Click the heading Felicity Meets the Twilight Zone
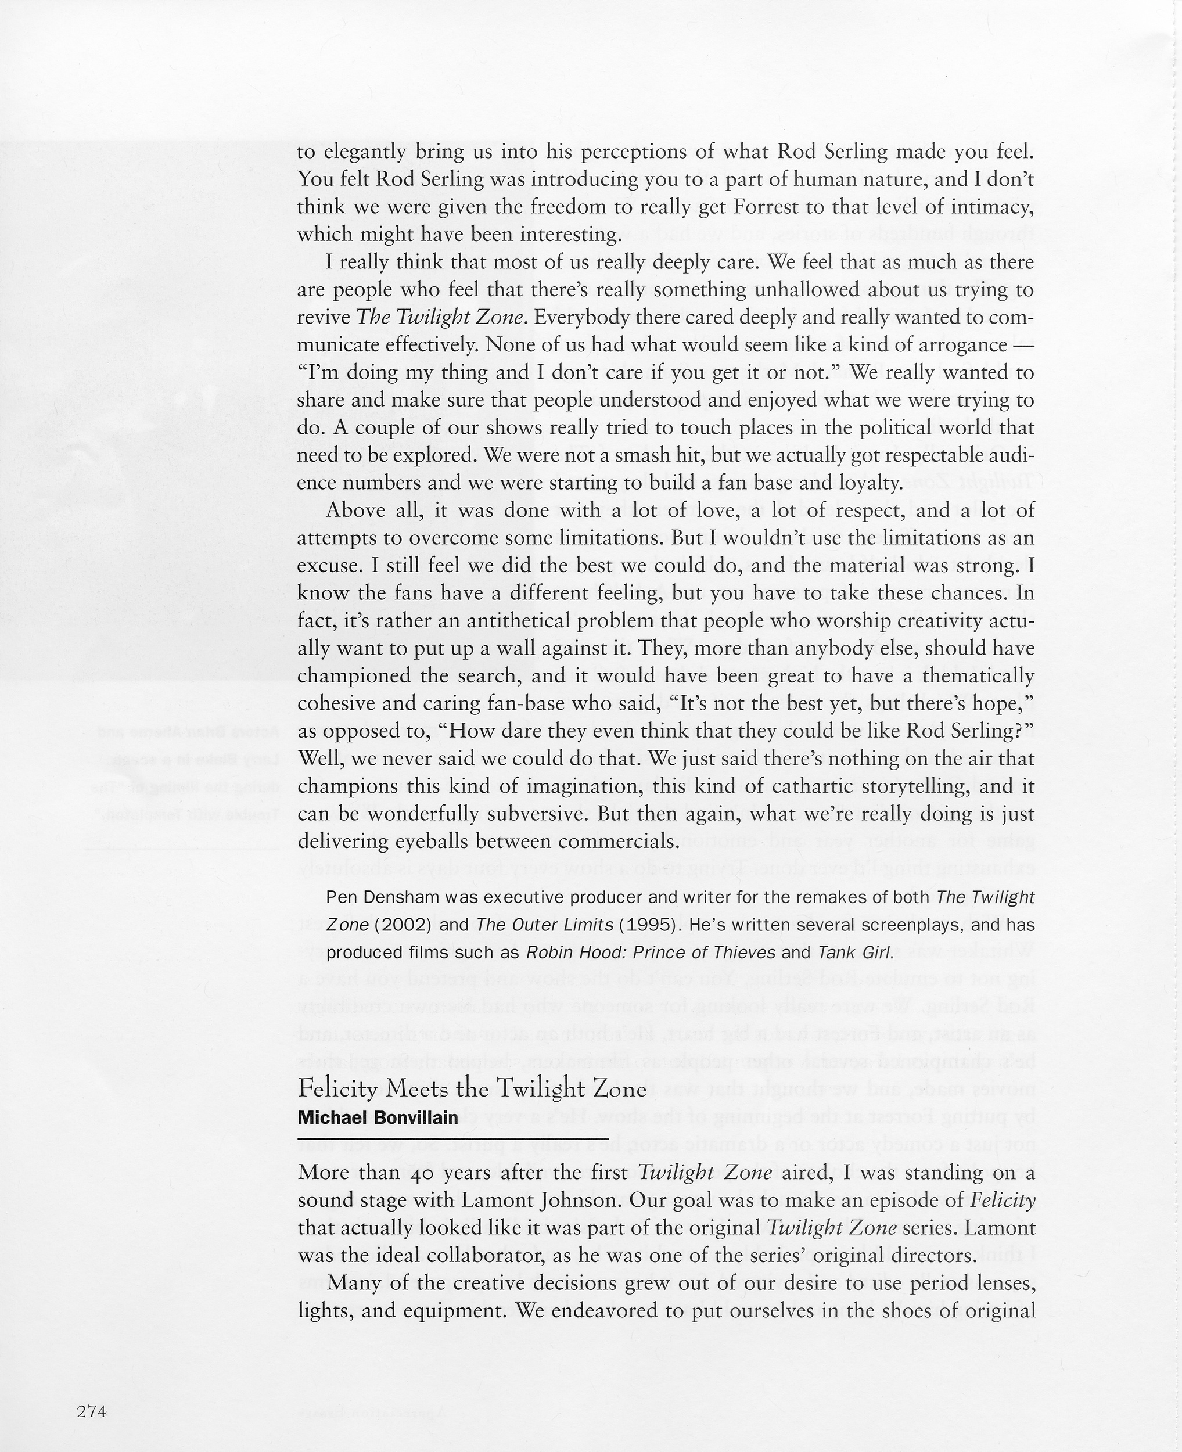472,1089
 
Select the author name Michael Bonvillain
378,1118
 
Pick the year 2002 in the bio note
404,926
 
